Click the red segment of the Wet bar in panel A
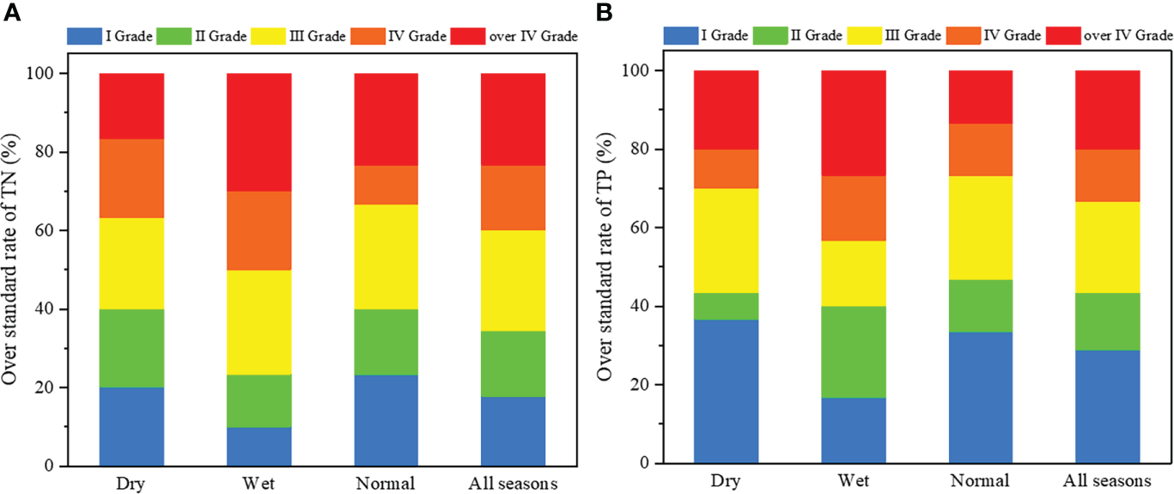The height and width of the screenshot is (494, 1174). click(259, 132)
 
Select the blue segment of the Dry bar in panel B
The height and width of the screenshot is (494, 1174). click(726, 391)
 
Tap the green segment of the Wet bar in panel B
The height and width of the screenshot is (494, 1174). click(853, 351)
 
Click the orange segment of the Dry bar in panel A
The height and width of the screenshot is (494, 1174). click(132, 179)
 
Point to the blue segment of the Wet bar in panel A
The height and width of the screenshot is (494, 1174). click(259, 446)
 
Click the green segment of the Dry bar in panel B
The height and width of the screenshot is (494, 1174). click(726, 306)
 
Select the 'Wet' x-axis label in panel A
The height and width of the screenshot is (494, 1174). click(259, 484)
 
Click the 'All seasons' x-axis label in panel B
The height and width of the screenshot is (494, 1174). click(1108, 481)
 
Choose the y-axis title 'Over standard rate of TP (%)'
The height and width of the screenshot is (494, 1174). click(605, 266)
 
